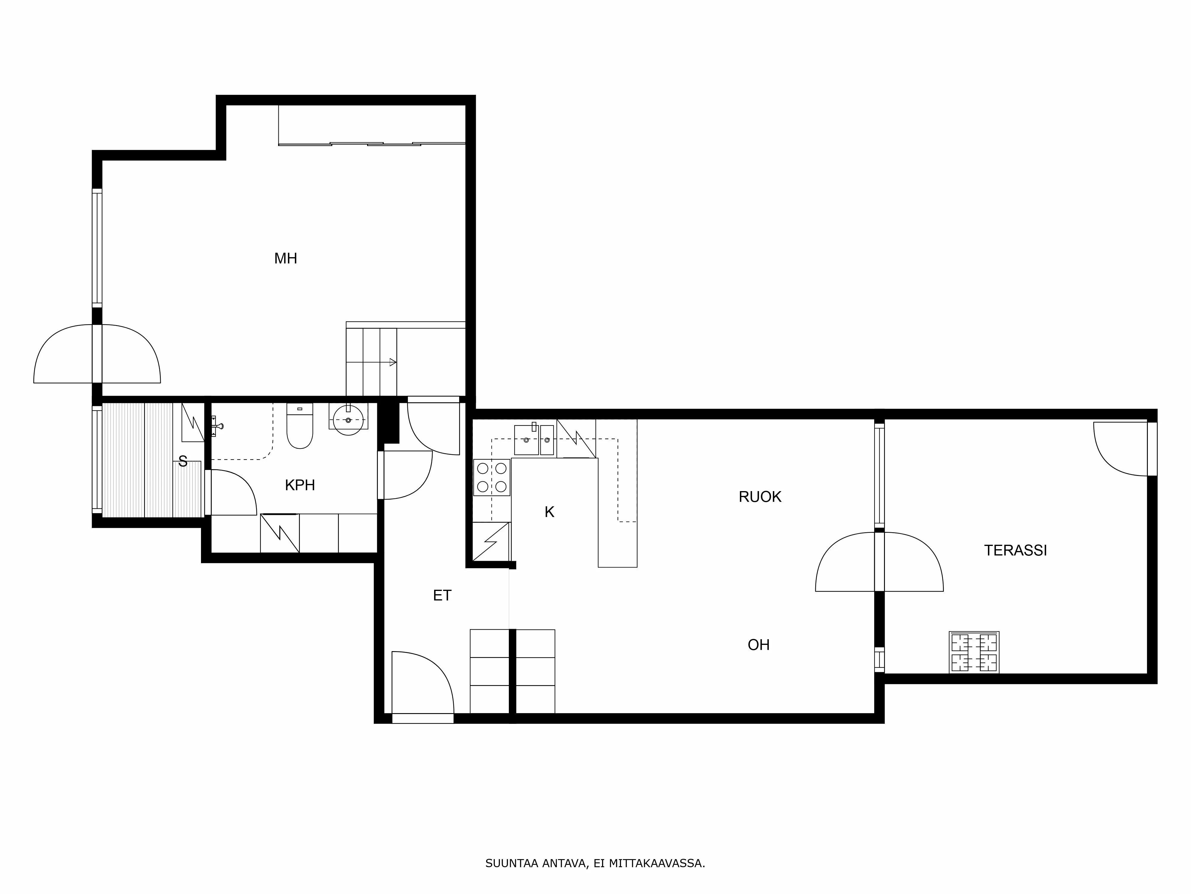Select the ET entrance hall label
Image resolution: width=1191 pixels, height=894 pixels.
tap(442, 595)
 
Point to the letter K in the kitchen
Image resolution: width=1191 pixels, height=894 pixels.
tap(549, 512)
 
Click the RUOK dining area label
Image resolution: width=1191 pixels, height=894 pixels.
tap(760, 497)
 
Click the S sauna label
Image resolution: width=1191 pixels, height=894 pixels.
tap(183, 462)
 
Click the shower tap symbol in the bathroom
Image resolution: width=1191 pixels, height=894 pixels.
tap(216, 426)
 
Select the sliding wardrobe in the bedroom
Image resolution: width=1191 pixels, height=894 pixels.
tap(372, 125)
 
